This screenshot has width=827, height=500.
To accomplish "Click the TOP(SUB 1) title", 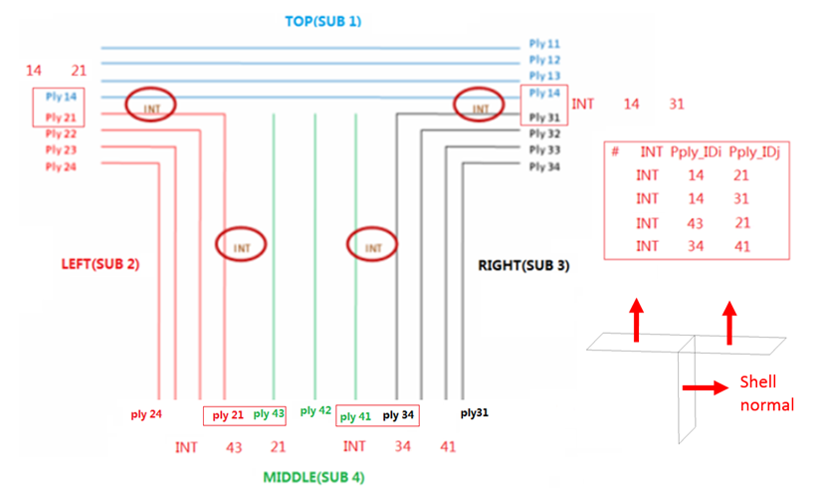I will [322, 20].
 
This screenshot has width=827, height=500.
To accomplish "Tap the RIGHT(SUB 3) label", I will [524, 266].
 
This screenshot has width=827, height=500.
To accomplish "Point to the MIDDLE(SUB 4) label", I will [313, 477].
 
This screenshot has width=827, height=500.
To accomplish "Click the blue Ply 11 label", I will [544, 45].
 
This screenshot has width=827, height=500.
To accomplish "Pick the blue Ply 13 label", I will [544, 77].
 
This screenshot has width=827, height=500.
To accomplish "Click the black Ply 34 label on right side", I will [544, 166].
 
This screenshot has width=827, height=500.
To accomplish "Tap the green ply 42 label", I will [315, 410].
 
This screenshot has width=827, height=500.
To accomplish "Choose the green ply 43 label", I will [269, 413].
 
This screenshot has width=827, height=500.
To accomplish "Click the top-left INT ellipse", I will [151, 105].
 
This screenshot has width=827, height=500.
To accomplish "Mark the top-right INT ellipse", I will [481, 107].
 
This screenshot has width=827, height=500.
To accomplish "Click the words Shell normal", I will [767, 392].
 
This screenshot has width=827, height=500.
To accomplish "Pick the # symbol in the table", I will [616, 151].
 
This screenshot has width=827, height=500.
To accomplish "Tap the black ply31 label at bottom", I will [474, 411].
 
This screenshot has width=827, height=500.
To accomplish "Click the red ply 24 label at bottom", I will [146, 411].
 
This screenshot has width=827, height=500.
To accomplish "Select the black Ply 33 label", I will [544, 149].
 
